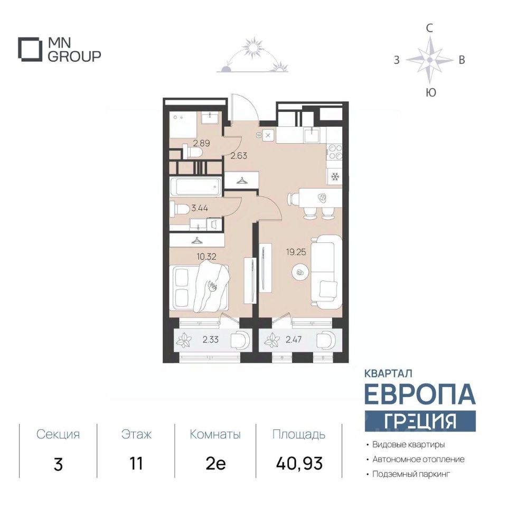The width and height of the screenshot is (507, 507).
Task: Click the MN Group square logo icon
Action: pos(30,50)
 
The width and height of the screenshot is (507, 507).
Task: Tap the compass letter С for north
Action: pos(429,29)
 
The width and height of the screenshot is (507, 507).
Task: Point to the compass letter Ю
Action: pos(431,93)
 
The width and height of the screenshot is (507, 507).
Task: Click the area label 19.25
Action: pos(296,252)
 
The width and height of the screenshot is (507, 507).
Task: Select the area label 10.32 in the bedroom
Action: pos(206,257)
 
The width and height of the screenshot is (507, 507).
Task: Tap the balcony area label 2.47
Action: pos(293,340)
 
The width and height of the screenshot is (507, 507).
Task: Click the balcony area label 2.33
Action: pos(211,340)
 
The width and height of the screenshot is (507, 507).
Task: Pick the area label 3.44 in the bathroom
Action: pos(199,208)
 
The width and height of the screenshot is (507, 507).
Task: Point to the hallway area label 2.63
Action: pos(239,156)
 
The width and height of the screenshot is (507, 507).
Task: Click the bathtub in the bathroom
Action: pos(195,186)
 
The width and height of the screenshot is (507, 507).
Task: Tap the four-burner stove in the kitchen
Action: pos(335,152)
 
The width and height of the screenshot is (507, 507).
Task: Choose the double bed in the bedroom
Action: pos(199,287)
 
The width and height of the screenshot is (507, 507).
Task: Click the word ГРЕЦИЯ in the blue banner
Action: pos(420,421)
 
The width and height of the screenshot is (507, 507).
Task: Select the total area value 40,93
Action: pos(299,464)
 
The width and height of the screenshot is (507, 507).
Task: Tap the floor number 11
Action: pos(136,464)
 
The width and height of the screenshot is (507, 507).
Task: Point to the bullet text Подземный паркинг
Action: pos(411,474)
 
